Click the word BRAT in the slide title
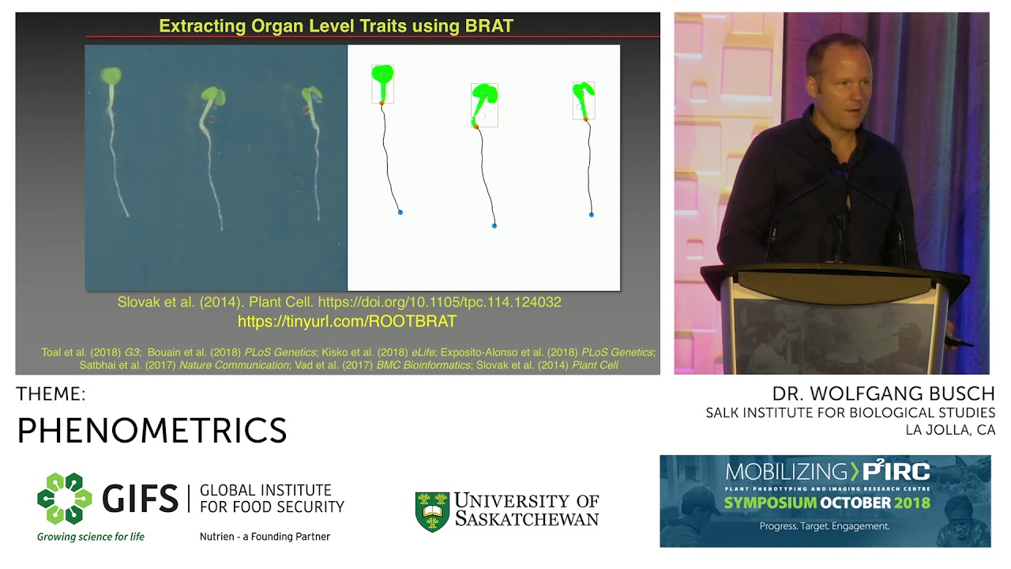[489, 26]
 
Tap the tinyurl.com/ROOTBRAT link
[347, 321]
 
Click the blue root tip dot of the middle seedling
[494, 226]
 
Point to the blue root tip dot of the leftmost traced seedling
[400, 213]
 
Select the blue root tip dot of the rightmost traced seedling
[592, 215]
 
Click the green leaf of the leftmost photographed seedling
[111, 75]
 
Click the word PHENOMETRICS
[152, 431]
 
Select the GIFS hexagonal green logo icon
[65, 499]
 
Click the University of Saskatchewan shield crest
[432, 511]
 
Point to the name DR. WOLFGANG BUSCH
[883, 394]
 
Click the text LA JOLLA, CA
[950, 430]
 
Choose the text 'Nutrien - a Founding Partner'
[265, 537]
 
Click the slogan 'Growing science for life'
[91, 537]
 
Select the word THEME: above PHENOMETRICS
[51, 394]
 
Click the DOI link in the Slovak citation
[440, 302]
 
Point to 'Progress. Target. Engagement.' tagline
[825, 526]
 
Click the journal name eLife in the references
[423, 352]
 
